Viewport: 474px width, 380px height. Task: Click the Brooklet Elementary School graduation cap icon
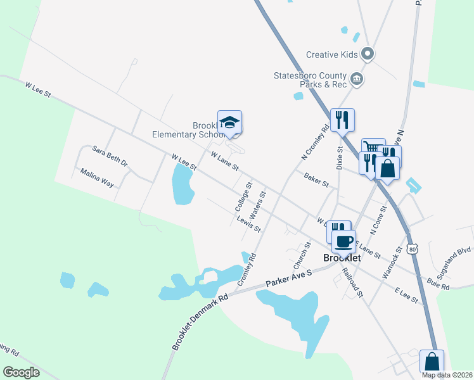[x=230, y=122]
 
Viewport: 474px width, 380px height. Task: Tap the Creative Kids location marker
[x=367, y=54]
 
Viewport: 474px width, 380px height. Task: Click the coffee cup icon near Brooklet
[x=344, y=241]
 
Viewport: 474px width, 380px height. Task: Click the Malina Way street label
[x=96, y=177]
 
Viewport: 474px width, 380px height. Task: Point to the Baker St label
[x=316, y=180]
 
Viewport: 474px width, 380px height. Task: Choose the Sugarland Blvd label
[x=451, y=255]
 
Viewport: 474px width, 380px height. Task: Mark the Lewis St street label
[x=248, y=224]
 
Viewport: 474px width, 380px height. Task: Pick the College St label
[x=243, y=197]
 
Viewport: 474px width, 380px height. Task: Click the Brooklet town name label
[x=342, y=258]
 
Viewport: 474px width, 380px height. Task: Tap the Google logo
[x=22, y=372]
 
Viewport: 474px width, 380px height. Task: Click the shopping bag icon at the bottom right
[x=432, y=362]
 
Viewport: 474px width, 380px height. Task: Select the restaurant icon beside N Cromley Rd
[x=342, y=120]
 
